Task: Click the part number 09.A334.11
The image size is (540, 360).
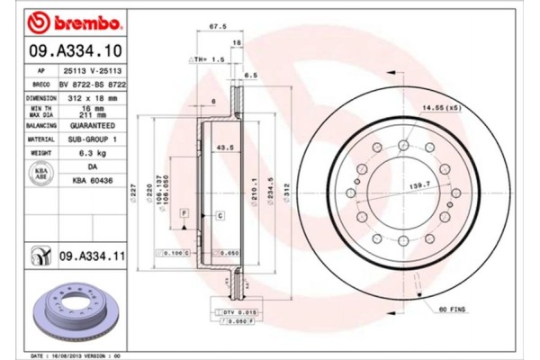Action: click(93, 257)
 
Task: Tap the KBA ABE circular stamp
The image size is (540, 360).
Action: click(40, 173)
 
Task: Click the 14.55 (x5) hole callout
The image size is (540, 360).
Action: click(441, 109)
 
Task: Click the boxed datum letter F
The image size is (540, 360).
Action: click(184, 211)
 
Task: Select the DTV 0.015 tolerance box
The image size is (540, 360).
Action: click(226, 310)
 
